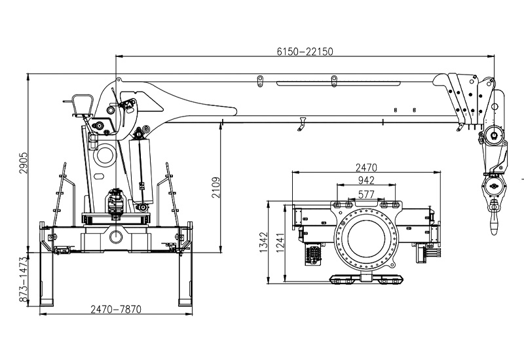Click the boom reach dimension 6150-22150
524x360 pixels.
[x=305, y=52]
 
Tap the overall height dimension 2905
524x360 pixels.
[x=23, y=163]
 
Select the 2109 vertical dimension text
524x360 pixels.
[x=216, y=188]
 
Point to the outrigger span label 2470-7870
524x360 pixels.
[x=116, y=310]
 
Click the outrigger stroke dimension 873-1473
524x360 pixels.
[x=23, y=279]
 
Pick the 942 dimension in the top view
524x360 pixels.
[x=366, y=181]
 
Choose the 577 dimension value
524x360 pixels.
[x=366, y=194]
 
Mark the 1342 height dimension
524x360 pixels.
[x=264, y=242]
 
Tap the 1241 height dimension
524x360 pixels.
[x=280, y=242]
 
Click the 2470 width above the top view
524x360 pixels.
[x=366, y=167]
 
